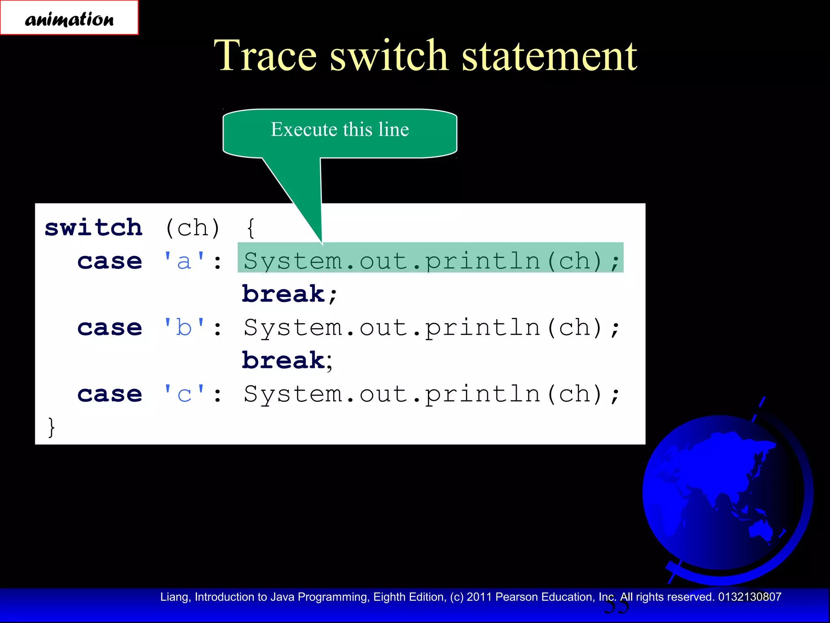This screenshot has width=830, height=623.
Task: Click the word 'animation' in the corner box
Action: pos(69,19)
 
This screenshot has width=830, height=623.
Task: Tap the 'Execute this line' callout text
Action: pos(340,130)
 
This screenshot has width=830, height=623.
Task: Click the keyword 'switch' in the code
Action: pos(94,228)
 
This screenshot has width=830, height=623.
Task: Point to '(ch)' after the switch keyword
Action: pos(193,228)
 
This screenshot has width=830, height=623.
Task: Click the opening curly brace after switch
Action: pos(251,228)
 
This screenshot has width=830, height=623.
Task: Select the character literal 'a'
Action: pos(184,261)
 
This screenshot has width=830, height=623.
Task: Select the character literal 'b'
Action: pos(184,327)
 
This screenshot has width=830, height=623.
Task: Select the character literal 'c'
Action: pos(184,394)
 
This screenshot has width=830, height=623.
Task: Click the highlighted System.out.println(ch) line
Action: pos(430,260)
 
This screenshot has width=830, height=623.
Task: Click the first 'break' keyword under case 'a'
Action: pos(284,294)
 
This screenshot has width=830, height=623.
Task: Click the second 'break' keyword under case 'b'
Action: pos(284,360)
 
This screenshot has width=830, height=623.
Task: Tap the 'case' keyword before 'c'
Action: pos(110,394)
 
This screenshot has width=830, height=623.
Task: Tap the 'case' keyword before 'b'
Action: pos(110,327)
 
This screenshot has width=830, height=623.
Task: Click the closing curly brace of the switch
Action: pos(51,427)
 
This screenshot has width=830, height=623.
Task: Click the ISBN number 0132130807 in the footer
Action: pos(749,597)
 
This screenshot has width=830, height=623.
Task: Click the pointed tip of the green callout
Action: pos(322,243)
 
